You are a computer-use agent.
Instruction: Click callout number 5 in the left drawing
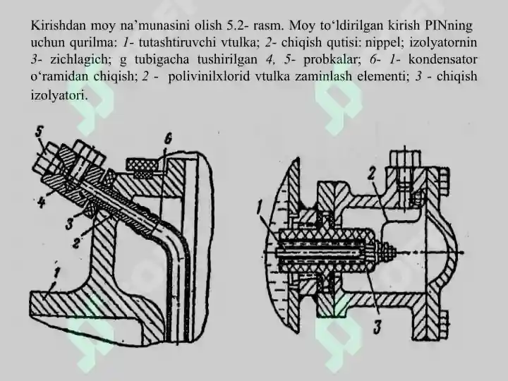39,133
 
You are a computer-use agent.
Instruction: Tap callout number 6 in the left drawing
167,139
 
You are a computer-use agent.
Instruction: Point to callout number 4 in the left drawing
41,202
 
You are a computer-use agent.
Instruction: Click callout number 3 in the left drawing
69,224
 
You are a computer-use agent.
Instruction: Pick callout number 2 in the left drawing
76,242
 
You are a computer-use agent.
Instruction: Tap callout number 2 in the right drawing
371,175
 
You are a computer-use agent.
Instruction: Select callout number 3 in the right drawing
377,327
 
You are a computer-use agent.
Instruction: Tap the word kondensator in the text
443,59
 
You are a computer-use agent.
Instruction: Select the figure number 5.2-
238,25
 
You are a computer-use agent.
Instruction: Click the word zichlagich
79,59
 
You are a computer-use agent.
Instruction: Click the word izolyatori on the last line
59,95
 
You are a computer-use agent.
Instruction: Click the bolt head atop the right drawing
405,159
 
